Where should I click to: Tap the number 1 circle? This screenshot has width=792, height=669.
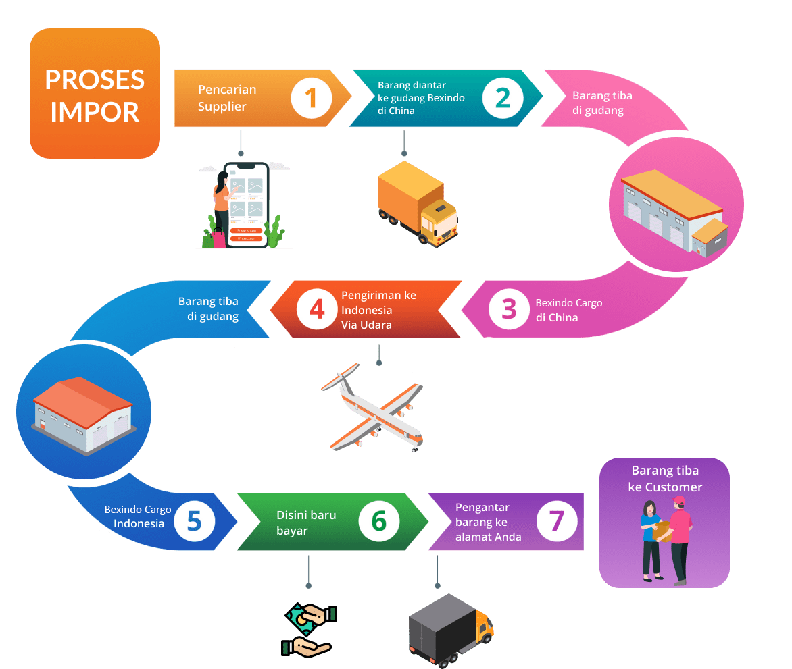(312, 98)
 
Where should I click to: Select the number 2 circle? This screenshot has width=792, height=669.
(503, 98)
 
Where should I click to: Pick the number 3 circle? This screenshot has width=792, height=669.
(509, 309)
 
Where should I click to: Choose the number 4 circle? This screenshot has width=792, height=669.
(316, 309)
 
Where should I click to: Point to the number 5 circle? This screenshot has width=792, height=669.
(194, 520)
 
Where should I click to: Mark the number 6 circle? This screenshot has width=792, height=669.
(378, 520)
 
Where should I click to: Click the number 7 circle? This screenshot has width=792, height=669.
(556, 520)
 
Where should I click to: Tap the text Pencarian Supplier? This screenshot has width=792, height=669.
(226, 98)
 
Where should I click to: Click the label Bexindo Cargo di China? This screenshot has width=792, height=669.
(568, 310)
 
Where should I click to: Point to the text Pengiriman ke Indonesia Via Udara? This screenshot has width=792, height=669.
(378, 310)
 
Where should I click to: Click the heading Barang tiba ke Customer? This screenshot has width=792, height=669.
(665, 479)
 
